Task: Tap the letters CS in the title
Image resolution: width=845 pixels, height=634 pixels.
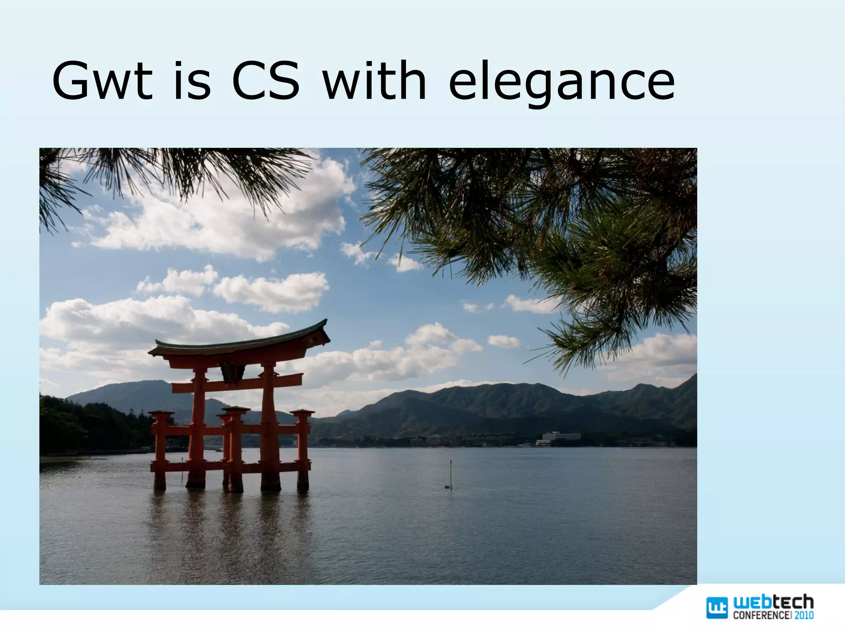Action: [x=264, y=81]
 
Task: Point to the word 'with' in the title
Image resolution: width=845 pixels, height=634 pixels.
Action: [x=374, y=81]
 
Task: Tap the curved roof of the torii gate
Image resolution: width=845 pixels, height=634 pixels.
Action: [x=239, y=343]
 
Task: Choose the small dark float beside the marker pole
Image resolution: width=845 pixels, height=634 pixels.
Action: [x=447, y=487]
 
